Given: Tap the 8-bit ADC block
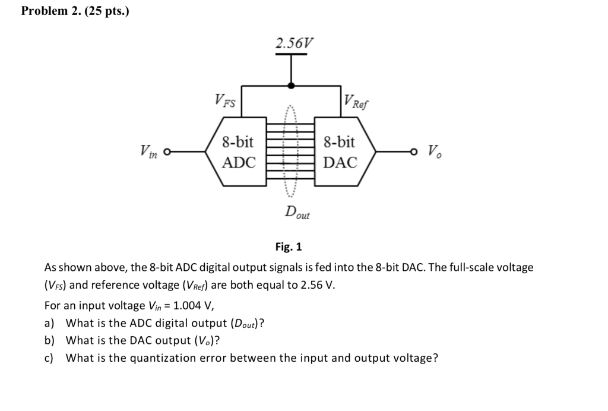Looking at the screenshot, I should tap(238, 152).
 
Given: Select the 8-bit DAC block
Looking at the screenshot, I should tap(341, 152).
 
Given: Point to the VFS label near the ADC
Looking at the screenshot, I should tap(225, 102).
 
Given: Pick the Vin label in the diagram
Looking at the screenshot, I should tap(149, 151).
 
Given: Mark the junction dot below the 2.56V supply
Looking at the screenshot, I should tap(291, 86).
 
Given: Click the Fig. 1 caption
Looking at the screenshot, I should tap(289, 246).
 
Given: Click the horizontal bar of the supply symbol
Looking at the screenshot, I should tap(291, 55).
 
